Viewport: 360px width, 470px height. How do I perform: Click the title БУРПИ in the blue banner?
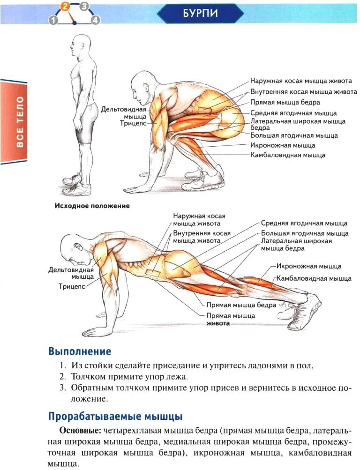[x=201, y=13]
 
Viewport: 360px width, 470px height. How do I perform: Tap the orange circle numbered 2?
[x=65, y=7]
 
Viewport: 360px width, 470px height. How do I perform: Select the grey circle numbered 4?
[x=96, y=20]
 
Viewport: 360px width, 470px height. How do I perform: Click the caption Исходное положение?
[x=92, y=205]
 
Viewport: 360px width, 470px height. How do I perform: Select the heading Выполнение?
[x=80, y=351]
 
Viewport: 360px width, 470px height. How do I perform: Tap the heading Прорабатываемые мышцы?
[x=115, y=416]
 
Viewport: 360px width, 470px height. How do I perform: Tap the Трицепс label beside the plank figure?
[x=72, y=286]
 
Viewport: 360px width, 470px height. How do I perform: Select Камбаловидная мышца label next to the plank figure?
[x=314, y=278]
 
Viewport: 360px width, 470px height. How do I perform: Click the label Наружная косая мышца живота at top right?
[x=300, y=81]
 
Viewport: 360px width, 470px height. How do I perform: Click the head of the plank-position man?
[x=74, y=249]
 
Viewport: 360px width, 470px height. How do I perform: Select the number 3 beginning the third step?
[x=62, y=388]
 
